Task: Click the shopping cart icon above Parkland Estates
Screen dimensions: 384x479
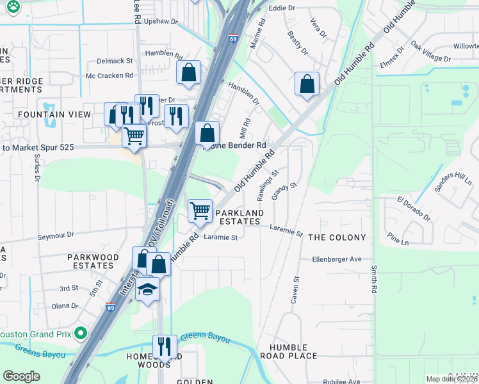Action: [x=200, y=210]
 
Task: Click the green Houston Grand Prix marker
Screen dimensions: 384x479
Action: [x=80, y=333]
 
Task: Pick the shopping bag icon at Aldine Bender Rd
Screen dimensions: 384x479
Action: [x=207, y=134]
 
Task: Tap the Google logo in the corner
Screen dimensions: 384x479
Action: [x=21, y=376]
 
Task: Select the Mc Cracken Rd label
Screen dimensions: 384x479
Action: [x=110, y=76]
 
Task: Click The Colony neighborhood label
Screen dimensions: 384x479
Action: [x=337, y=237]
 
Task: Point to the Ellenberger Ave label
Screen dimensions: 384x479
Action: [x=337, y=259]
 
